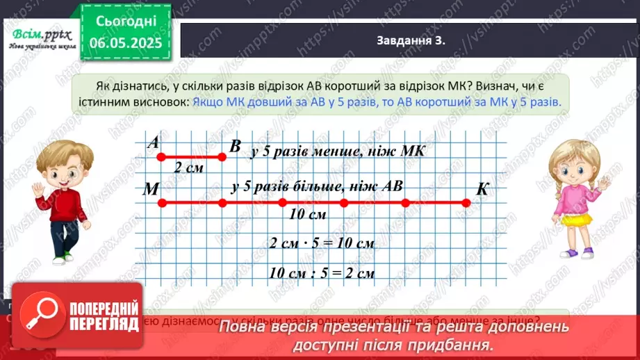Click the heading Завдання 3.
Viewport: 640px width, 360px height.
click(x=410, y=40)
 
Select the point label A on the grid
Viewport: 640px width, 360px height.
click(x=154, y=142)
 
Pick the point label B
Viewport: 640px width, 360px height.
click(x=235, y=146)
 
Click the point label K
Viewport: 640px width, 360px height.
click(x=483, y=190)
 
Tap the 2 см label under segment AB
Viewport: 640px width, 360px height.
click(x=189, y=167)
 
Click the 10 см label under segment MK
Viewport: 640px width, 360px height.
click(x=307, y=215)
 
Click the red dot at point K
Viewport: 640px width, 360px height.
click(x=466, y=203)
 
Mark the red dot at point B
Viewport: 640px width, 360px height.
click(x=222, y=157)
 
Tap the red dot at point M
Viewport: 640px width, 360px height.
click(x=161, y=203)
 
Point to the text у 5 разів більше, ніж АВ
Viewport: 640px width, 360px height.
click(x=318, y=186)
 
